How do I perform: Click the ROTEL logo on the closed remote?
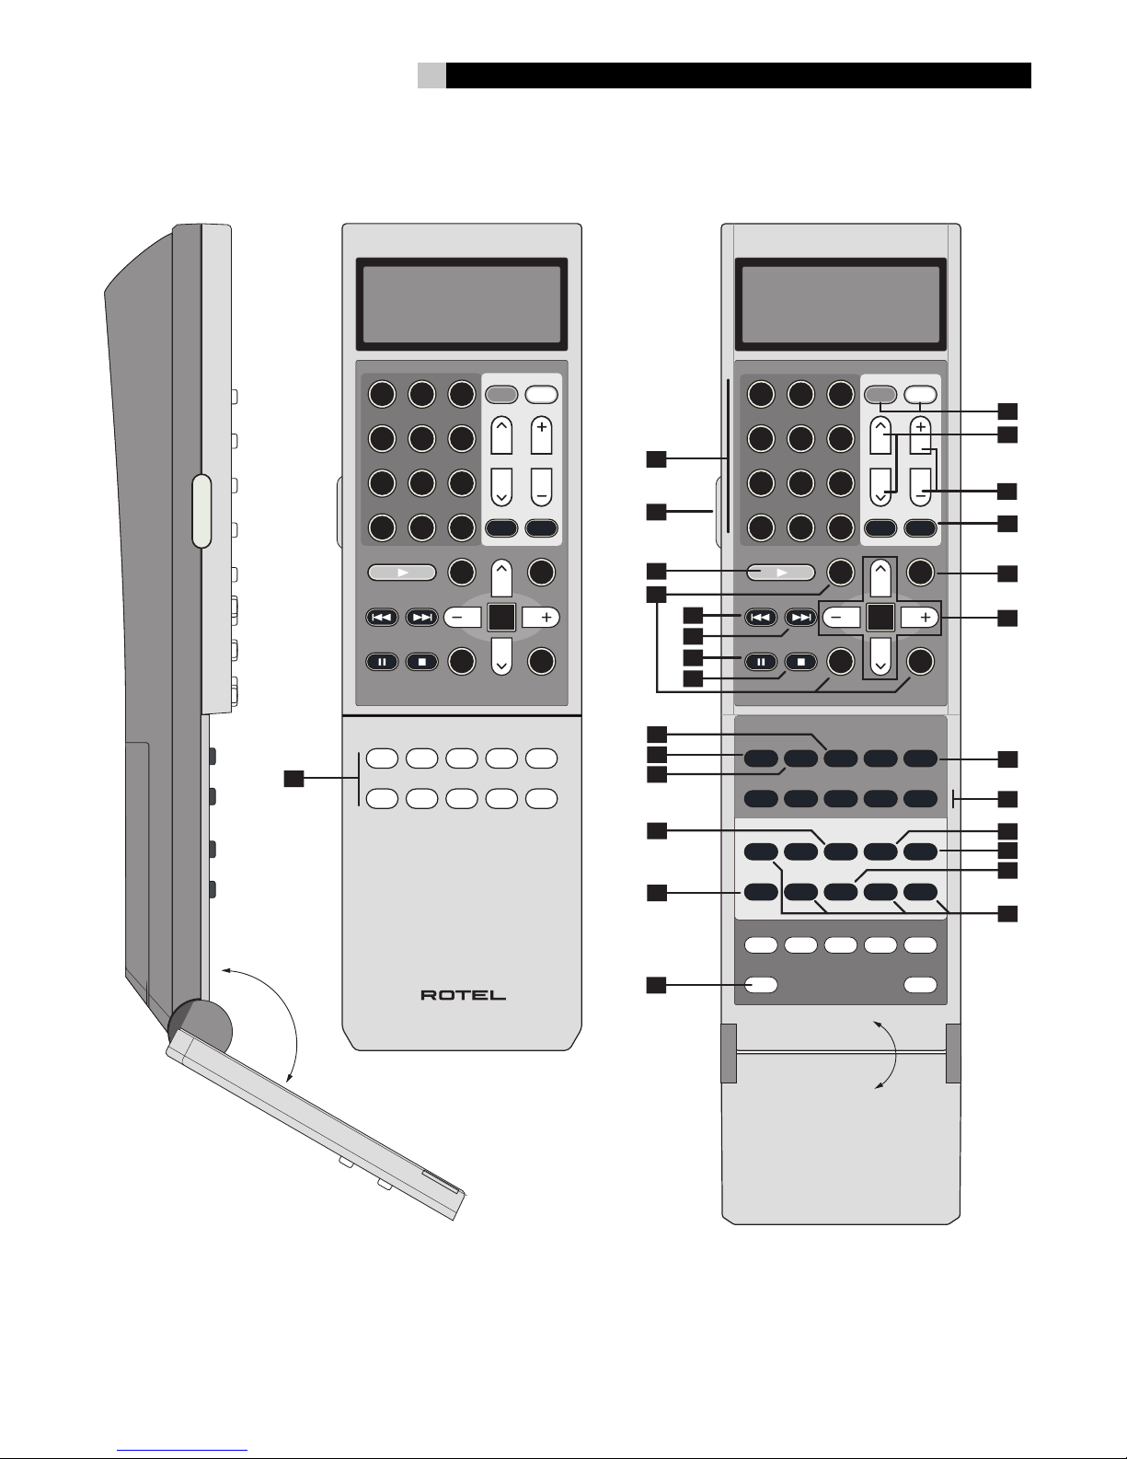coord(463,995)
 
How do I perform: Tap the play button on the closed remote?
coord(402,573)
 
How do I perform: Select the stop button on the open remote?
coord(801,662)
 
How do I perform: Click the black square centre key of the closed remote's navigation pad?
coord(501,617)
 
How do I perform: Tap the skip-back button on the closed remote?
coord(382,617)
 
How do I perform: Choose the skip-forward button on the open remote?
coord(801,617)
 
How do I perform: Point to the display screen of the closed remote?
coord(462,304)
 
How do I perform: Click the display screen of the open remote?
coord(841,304)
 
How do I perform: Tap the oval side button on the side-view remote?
coord(201,511)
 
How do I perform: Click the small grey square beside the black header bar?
coord(431,75)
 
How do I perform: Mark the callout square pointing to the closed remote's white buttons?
coord(293,778)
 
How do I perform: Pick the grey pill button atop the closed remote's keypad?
coord(501,394)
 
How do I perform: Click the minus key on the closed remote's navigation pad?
coord(462,617)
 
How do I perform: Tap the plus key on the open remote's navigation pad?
coord(920,617)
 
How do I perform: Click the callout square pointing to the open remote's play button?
coord(656,571)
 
